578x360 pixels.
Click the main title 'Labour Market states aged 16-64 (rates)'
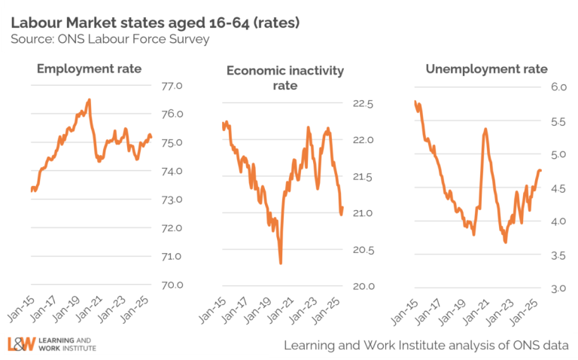pyautogui.click(x=155, y=23)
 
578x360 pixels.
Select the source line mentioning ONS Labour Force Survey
pyautogui.click(x=110, y=39)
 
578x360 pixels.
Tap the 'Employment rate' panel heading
pyautogui.click(x=89, y=69)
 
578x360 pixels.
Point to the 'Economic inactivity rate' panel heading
pyautogui.click(x=284, y=78)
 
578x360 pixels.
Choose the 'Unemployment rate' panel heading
pyautogui.click(x=486, y=69)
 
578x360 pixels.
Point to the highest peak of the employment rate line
pyautogui.click(x=90, y=99)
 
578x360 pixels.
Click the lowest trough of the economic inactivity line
pyautogui.click(x=281, y=263)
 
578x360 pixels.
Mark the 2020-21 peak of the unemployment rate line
pyautogui.click(x=485, y=129)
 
